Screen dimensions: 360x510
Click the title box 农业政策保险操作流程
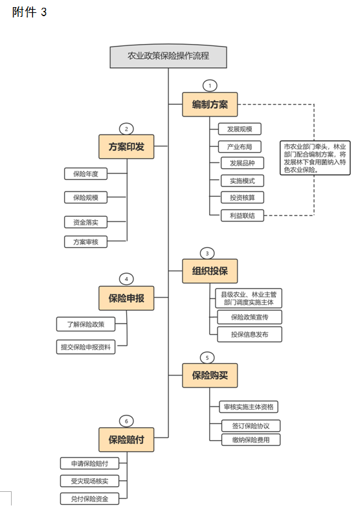[x=168, y=56]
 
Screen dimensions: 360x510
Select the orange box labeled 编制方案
[x=210, y=104]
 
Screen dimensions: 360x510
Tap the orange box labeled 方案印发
[x=126, y=147]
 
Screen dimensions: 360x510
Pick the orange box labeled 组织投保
[x=210, y=271]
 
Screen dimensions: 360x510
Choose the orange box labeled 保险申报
[x=126, y=298]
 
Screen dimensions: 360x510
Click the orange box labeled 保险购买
[x=210, y=375]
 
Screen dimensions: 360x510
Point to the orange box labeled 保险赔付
[x=126, y=439]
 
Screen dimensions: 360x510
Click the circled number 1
[x=210, y=85]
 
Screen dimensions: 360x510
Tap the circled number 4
[x=126, y=279]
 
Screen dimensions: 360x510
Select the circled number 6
[x=126, y=421]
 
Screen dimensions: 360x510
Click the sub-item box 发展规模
[x=240, y=129]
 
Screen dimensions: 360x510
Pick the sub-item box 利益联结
[x=242, y=216]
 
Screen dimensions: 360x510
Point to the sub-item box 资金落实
[x=85, y=222]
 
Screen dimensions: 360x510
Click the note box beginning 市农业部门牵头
[x=315, y=158]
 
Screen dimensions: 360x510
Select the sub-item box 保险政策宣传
[x=250, y=317]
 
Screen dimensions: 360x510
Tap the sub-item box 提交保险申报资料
[x=85, y=347]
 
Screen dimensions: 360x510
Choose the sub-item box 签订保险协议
[x=251, y=426]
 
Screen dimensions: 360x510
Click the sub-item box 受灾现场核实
[x=89, y=481]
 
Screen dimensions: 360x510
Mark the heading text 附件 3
[x=29, y=12]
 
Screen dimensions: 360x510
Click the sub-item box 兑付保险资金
[x=89, y=498]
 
